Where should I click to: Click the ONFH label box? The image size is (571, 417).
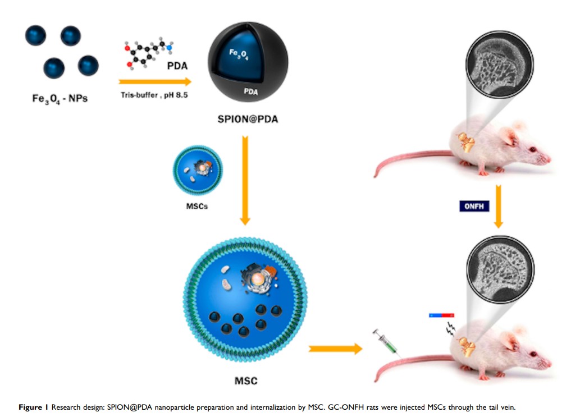(474, 206)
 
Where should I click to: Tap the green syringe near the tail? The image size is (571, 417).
(386, 343)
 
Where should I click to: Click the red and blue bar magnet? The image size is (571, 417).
(441, 315)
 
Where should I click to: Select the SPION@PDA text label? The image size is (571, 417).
(247, 120)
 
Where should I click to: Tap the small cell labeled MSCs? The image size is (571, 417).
(198, 169)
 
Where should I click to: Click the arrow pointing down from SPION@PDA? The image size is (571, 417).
(245, 179)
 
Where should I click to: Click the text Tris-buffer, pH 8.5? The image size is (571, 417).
(154, 95)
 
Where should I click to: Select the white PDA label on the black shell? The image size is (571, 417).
(250, 91)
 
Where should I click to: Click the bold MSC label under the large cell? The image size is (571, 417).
(245, 381)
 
